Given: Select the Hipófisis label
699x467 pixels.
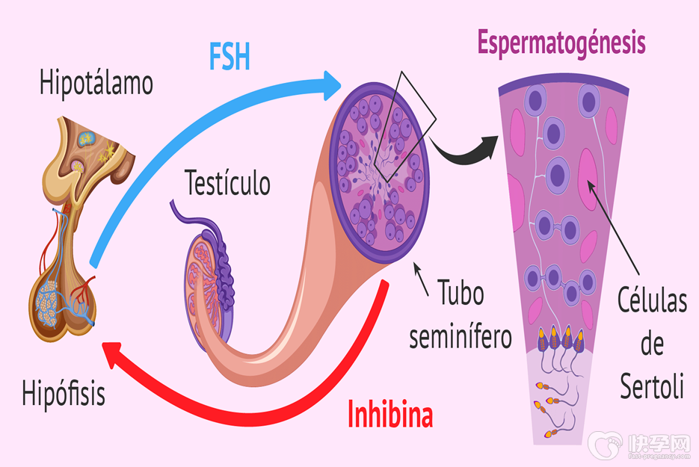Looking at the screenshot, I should click(64, 393).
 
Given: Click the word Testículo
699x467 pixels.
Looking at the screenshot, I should click(227, 182).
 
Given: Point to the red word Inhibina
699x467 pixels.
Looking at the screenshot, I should click(390, 415).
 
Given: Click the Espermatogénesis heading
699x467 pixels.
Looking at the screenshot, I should click(561, 43).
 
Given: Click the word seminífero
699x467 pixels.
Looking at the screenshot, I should click(461, 336).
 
